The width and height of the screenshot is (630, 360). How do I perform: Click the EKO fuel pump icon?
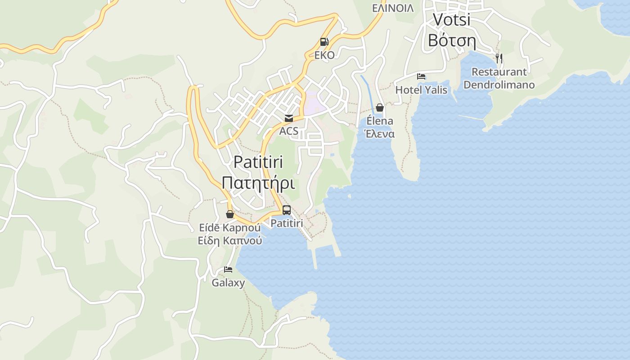(x=324, y=42)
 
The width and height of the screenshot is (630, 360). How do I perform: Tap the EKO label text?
(x=324, y=55)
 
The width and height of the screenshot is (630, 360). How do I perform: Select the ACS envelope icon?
(x=288, y=118)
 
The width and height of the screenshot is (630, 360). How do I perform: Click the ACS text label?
(x=288, y=131)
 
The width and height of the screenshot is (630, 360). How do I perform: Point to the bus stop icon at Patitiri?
(x=287, y=210)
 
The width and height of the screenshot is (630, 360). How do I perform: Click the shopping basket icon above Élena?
(x=380, y=108)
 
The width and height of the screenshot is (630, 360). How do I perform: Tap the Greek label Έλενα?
(x=380, y=134)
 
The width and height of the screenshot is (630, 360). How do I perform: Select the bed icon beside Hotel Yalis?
(x=421, y=76)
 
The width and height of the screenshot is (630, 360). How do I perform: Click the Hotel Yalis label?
(x=421, y=90)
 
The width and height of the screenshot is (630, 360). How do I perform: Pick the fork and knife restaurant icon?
(x=499, y=58)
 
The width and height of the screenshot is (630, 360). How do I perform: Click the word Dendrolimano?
(x=499, y=85)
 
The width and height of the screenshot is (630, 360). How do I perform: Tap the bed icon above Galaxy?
(x=228, y=270)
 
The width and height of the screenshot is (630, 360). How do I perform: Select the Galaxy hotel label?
(x=228, y=283)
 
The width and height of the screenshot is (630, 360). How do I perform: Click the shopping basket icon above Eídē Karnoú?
(x=230, y=214)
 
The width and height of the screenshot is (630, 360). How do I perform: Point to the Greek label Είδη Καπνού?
(x=230, y=241)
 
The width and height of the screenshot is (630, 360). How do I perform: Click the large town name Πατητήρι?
(x=258, y=184)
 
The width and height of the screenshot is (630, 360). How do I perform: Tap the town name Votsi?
(x=451, y=19)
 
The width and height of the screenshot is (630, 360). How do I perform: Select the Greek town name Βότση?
(x=451, y=40)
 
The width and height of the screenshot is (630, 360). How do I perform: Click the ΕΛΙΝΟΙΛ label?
(x=393, y=8)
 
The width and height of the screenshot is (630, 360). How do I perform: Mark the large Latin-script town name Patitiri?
(x=258, y=162)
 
